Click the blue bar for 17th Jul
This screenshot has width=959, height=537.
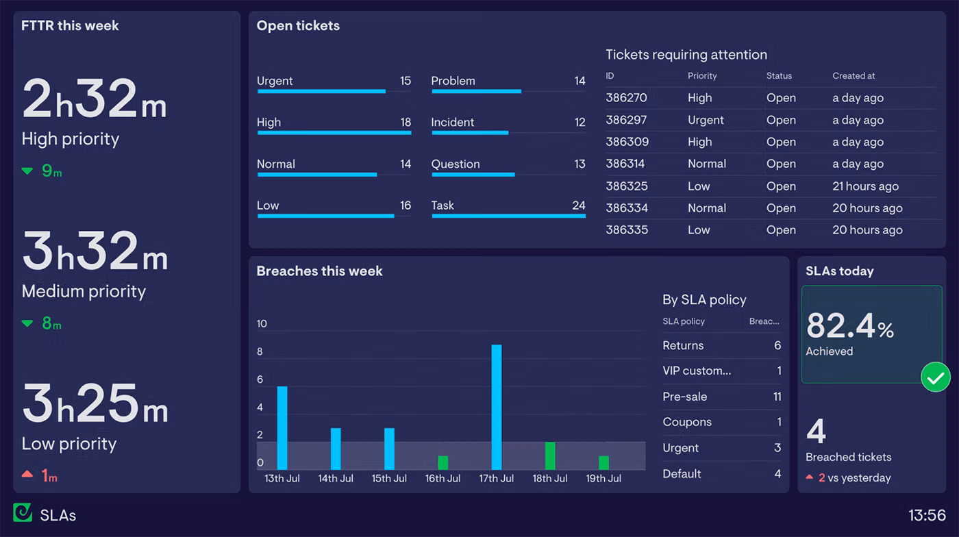[x=497, y=407]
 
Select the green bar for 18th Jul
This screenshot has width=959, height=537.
[x=550, y=455]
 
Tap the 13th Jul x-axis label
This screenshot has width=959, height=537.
[x=282, y=479]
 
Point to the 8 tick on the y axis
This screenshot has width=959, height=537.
[x=260, y=352]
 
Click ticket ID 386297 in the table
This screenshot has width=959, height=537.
[x=627, y=120]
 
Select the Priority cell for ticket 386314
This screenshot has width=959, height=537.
[x=707, y=164]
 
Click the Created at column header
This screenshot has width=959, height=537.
[x=854, y=76]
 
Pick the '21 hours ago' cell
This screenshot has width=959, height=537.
[x=865, y=186]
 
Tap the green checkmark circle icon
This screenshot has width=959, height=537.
[x=936, y=377]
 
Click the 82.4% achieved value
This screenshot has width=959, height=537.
[x=850, y=326]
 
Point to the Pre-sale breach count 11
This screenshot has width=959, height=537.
[x=777, y=397]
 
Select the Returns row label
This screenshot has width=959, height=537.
[x=683, y=346]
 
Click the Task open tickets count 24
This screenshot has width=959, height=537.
[x=579, y=205]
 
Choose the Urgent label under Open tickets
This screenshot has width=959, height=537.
[x=275, y=81]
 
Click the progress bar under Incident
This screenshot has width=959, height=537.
[x=470, y=133]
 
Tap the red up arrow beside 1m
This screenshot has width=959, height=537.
[x=27, y=474]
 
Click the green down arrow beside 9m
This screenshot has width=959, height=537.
[x=27, y=171]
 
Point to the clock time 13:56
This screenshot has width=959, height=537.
[x=927, y=516]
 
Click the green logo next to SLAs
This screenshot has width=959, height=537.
[x=23, y=513]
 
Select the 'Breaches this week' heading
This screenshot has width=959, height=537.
[x=319, y=271]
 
